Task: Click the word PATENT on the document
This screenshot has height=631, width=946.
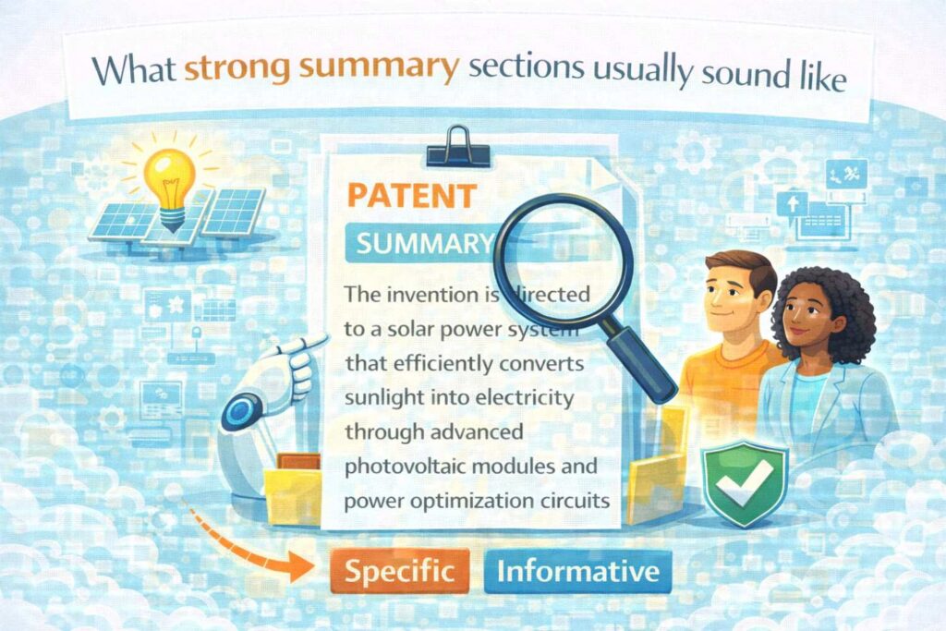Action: (x=412, y=196)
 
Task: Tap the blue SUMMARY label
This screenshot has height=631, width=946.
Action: (x=422, y=243)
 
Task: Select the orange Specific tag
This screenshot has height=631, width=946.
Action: (x=399, y=571)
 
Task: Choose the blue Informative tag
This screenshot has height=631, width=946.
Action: (x=578, y=571)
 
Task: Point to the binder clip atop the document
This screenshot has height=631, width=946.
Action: (x=458, y=147)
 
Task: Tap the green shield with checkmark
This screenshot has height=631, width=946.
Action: (x=745, y=482)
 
